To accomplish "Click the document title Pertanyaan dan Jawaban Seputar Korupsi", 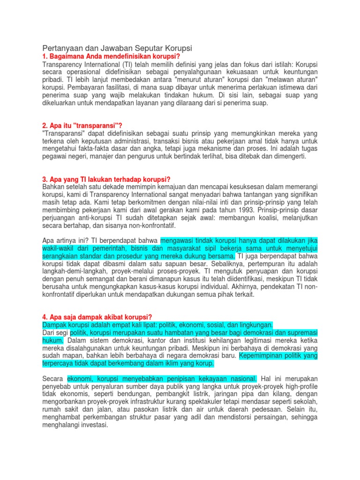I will click(118, 48).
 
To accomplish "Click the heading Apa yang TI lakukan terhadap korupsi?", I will click(106, 180).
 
